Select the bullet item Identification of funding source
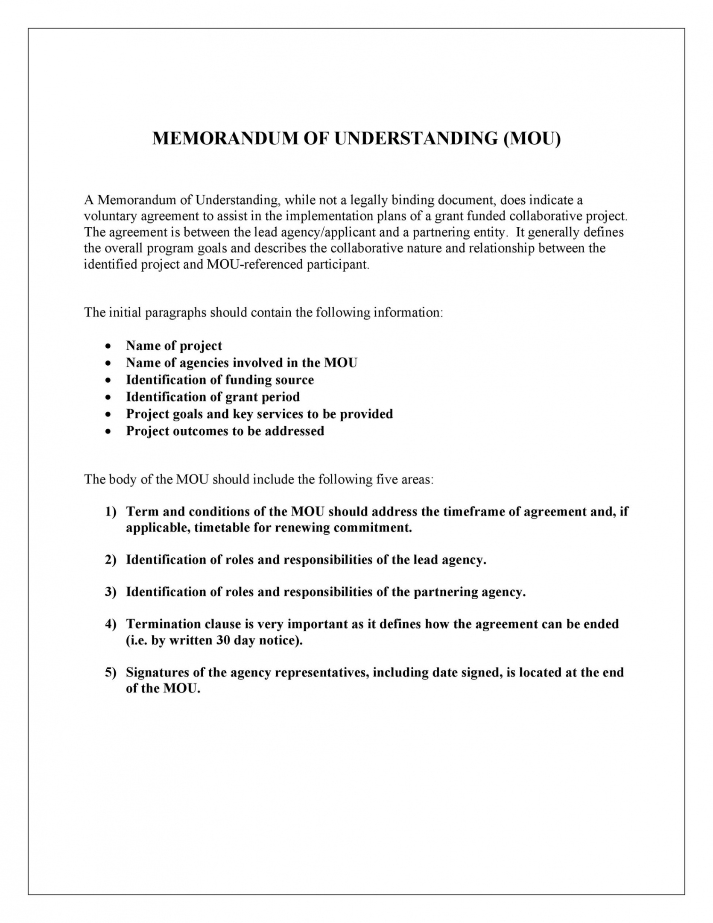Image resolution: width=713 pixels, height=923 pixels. click(x=219, y=380)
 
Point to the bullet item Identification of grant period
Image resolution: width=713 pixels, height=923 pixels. click(x=213, y=397)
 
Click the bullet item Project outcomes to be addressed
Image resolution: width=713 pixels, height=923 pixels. click(x=225, y=431)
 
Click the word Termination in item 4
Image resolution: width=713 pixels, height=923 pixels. click(x=164, y=624)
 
